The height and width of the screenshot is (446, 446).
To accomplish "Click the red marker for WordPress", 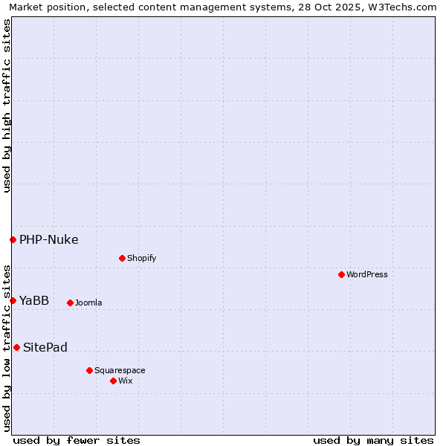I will (341, 274).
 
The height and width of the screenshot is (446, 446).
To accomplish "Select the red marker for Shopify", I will (122, 258).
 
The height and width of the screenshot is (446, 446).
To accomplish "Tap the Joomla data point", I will (70, 303).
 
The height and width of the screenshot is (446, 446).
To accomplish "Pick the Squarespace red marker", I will (89, 370).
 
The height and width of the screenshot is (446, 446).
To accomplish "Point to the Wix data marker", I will (113, 381).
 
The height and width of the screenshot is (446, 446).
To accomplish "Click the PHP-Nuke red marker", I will (13, 239).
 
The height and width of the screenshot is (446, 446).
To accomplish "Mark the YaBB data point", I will (13, 300).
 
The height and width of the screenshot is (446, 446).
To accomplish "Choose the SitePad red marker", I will (16, 347).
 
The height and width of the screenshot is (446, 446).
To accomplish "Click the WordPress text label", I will (367, 274).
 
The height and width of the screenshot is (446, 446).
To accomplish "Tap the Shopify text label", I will (141, 258).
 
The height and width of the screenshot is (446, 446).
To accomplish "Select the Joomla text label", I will (88, 303).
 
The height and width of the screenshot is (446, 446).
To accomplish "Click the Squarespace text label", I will (120, 370).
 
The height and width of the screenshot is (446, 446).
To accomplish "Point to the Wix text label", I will (126, 381).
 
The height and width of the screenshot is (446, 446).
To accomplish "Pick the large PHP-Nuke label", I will (49, 239).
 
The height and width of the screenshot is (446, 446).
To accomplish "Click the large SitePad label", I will (45, 347).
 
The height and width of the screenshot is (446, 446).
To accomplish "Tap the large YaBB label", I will (34, 300).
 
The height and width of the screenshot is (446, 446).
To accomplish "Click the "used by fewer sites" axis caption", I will (77, 440).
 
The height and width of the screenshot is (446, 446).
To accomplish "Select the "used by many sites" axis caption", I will (373, 440).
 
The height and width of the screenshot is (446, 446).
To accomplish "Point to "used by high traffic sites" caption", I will (7, 106).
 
